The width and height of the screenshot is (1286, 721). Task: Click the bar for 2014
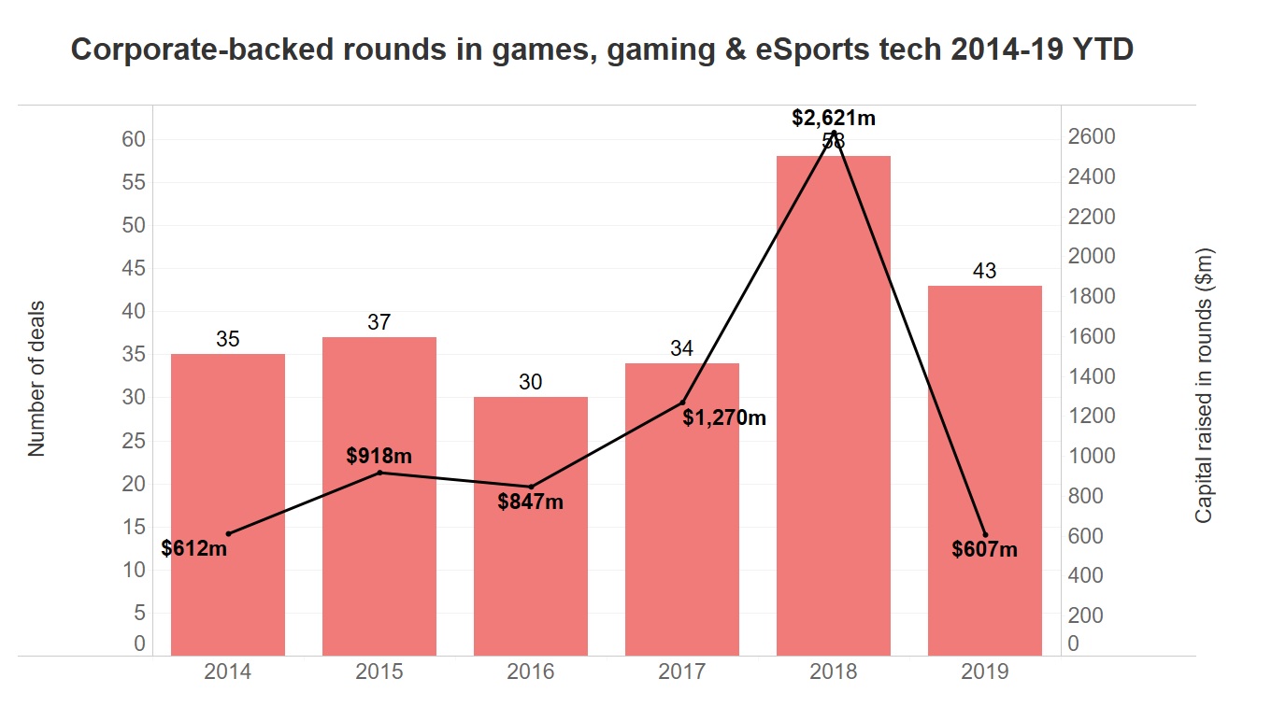coord(228,504)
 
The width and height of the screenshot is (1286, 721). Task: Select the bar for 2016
coord(531,526)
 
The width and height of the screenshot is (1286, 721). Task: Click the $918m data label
coord(379,457)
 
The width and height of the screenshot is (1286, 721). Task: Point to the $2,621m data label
coord(834,118)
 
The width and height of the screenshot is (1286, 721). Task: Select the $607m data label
coord(985,550)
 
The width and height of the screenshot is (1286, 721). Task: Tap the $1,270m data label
coord(724,417)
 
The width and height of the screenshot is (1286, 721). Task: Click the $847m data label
coord(530,502)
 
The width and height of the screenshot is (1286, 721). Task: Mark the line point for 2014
coord(228,534)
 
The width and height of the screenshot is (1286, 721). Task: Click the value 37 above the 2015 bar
coord(379,322)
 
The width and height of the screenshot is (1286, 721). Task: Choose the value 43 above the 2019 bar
coord(985,271)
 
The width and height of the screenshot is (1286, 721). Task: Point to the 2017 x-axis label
coord(682,672)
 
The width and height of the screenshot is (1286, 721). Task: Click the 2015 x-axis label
coord(379,672)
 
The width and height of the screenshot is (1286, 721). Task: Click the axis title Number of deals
coord(36,378)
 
